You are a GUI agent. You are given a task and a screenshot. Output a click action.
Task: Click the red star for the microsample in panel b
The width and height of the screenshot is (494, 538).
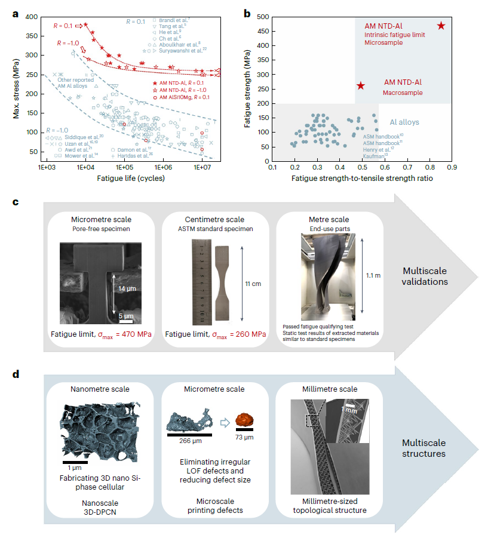[x=441, y=26]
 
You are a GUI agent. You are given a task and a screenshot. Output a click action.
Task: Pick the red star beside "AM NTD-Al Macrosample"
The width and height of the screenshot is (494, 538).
[x=360, y=86]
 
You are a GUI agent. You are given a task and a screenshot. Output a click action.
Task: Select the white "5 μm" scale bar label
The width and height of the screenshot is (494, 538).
[x=125, y=315]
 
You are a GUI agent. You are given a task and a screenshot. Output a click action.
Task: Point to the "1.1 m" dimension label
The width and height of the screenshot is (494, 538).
[x=373, y=276]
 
